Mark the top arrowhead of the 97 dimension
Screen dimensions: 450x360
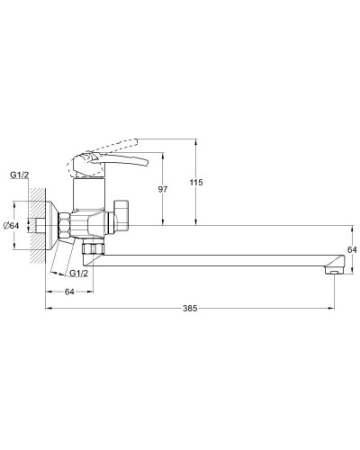tap(162, 154)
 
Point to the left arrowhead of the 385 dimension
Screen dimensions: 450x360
tap(47, 309)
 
